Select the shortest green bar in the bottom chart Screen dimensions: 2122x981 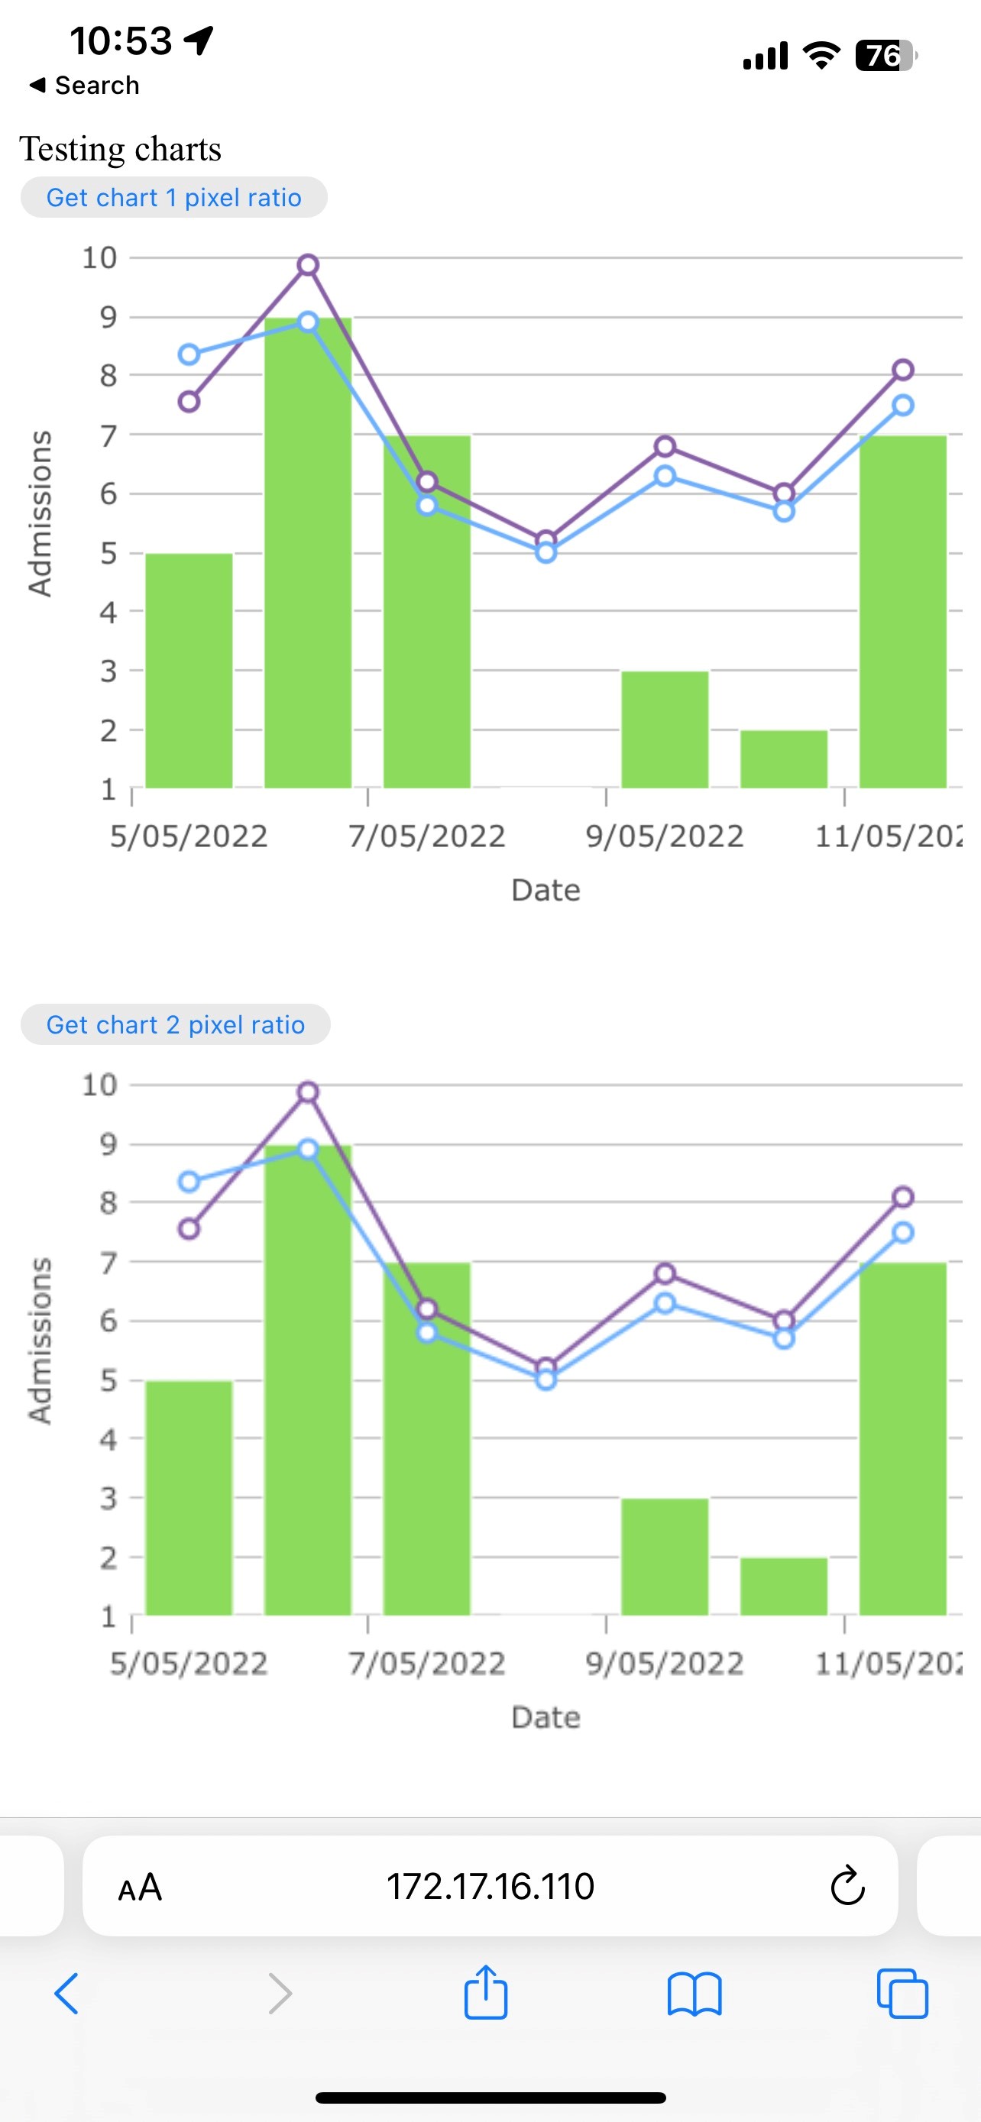[x=783, y=1587]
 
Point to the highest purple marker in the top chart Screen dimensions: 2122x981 [x=308, y=265]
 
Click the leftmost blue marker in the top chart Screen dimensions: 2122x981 [x=189, y=355]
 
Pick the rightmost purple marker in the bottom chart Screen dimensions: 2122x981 [x=903, y=1197]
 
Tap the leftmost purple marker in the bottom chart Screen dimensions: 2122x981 [x=189, y=1229]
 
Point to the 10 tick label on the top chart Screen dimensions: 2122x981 [x=99, y=258]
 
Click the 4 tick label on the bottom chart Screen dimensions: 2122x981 [x=108, y=1439]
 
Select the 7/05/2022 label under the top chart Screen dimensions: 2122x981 [x=426, y=836]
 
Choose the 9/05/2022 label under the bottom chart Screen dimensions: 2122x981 [x=664, y=1663]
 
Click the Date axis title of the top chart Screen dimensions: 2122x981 [x=546, y=891]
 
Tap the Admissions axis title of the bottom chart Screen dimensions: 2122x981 [x=40, y=1341]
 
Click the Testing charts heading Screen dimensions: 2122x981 [x=120, y=149]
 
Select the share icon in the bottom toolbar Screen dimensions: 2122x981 [x=485, y=1994]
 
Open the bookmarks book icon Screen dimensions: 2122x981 [x=694, y=1994]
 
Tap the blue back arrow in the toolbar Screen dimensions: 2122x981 [x=66, y=1994]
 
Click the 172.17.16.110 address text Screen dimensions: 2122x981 [x=490, y=1887]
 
